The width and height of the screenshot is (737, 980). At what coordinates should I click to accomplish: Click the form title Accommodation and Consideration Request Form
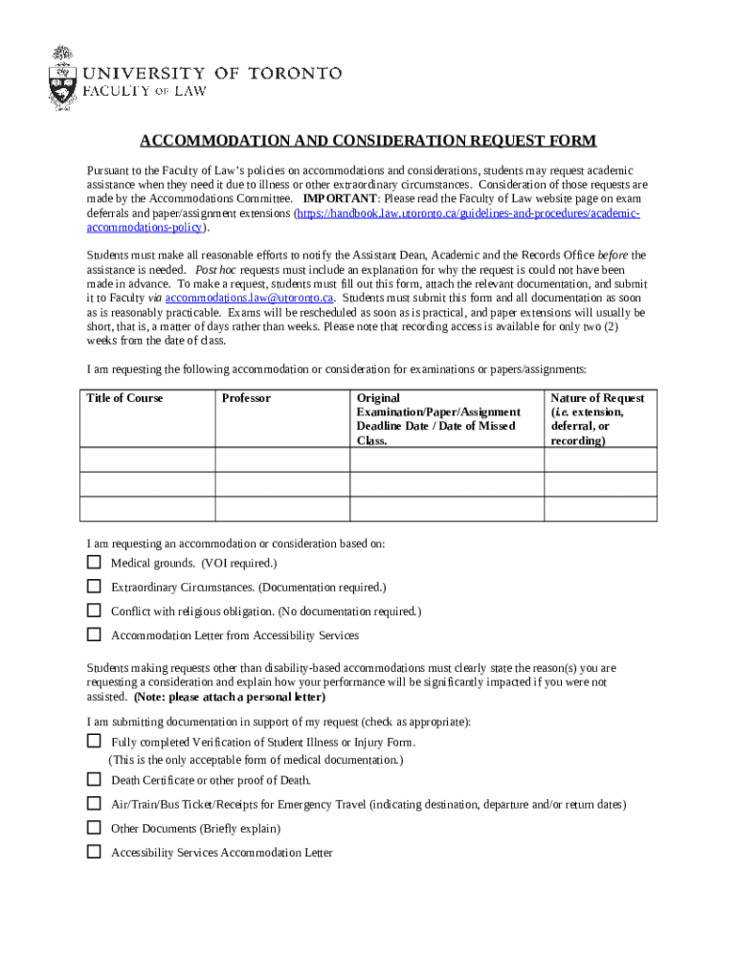(368, 142)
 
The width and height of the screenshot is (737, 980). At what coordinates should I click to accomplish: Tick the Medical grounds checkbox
(94, 562)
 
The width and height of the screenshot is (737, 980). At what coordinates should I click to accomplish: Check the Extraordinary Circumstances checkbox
(94, 586)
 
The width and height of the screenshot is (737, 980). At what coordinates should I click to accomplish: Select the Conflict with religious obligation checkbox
(94, 610)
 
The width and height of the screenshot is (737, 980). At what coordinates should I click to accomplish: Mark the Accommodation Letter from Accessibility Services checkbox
(94, 634)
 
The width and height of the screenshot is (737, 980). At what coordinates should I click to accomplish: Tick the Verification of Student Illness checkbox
(94, 741)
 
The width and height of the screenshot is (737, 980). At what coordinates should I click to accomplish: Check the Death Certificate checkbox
(94, 779)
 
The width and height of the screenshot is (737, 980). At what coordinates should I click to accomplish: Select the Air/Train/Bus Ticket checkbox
(94, 804)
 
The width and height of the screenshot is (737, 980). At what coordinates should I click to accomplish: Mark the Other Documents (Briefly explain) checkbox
(94, 828)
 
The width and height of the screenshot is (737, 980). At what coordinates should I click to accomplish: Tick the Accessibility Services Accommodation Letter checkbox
(94, 852)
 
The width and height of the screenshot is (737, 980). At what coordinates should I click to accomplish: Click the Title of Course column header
(124, 398)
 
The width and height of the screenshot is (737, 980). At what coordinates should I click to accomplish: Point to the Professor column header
(246, 398)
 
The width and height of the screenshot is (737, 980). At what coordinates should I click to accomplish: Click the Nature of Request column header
(597, 419)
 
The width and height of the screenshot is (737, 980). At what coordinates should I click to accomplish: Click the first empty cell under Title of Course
(147, 460)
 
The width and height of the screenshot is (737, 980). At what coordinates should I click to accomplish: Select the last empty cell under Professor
(281, 509)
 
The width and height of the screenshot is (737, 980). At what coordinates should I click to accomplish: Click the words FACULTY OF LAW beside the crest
(145, 92)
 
